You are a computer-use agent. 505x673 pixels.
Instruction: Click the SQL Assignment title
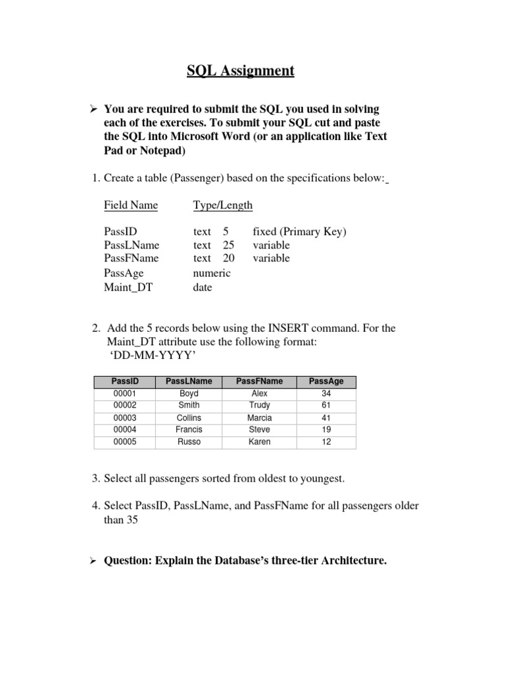tap(240, 70)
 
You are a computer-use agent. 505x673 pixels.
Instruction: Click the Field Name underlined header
tap(131, 205)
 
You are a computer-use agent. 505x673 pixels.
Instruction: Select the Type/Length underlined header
tap(222, 205)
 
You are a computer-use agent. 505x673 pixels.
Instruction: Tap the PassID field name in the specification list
tap(120, 231)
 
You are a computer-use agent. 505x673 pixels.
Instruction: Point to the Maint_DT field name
tap(128, 287)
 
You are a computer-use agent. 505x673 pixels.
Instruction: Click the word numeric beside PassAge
tap(212, 273)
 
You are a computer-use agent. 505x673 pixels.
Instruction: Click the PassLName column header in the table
tap(189, 381)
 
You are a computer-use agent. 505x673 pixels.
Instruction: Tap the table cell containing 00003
tap(125, 418)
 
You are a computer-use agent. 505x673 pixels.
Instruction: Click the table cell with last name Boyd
tap(189, 393)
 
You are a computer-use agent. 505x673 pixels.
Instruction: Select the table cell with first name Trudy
tap(260, 406)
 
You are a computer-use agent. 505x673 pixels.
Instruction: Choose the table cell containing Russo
tap(189, 442)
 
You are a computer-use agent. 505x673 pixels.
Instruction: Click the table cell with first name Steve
tap(260, 430)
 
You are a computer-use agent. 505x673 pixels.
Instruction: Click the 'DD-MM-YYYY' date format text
tap(151, 356)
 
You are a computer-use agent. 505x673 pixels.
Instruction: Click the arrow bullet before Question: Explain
tap(93, 561)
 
